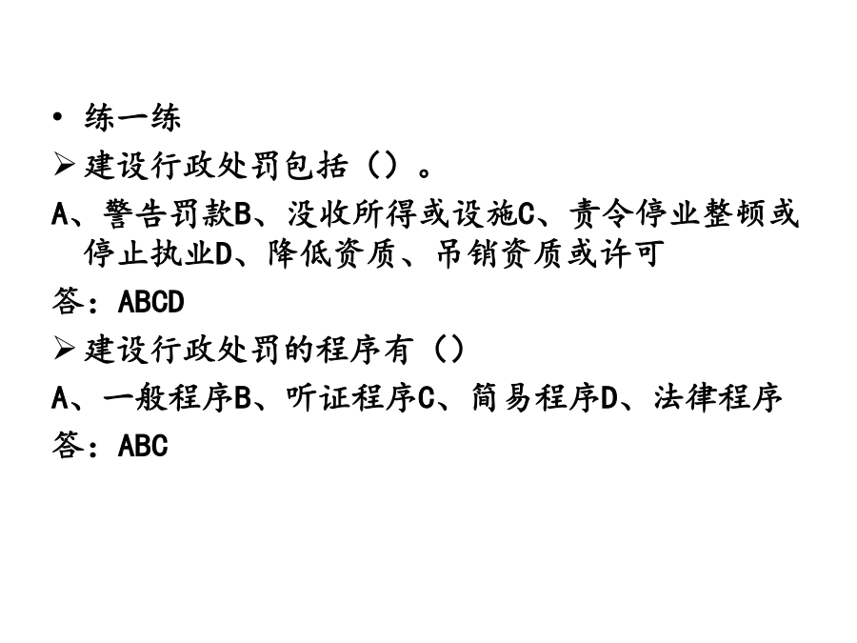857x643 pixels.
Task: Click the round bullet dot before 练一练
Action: (57, 117)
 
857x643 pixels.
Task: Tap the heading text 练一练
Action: (132, 117)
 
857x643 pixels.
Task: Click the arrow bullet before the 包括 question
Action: (64, 165)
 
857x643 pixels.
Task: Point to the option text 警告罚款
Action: (169, 213)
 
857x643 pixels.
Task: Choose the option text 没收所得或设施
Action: (402, 213)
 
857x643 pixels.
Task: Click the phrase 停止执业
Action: (149, 253)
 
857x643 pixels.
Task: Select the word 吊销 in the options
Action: (468, 253)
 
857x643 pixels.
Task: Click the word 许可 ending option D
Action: (632, 253)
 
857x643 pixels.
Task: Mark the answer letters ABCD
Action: (151, 302)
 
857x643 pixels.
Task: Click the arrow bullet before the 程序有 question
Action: (64, 349)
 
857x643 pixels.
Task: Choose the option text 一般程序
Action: (168, 397)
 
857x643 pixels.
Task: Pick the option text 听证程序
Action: (350, 397)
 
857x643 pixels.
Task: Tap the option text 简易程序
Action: (535, 397)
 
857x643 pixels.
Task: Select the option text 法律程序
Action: (718, 397)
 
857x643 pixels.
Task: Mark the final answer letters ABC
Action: (143, 445)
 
